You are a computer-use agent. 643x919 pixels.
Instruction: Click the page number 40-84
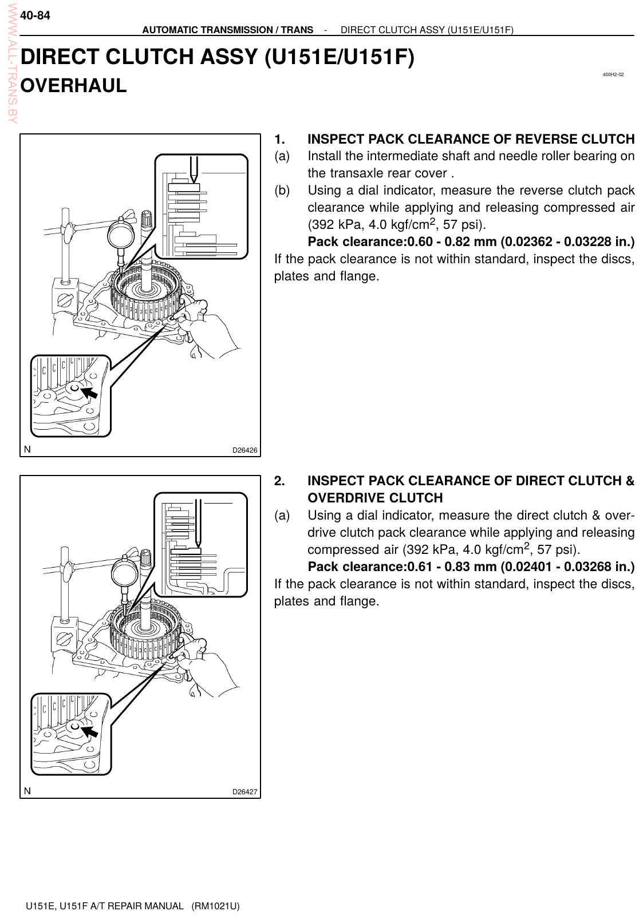click(x=35, y=15)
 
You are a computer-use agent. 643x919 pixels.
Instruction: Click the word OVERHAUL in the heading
click(x=73, y=86)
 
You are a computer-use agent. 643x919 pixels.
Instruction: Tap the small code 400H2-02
click(x=613, y=74)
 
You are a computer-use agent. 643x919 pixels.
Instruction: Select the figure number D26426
click(x=244, y=450)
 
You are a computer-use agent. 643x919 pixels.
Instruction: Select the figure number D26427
click(x=244, y=792)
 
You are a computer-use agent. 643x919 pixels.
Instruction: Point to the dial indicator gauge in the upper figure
click(x=121, y=235)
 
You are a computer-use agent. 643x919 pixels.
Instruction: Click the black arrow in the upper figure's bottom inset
click(x=89, y=392)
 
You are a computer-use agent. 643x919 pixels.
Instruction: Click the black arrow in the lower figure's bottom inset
click(x=89, y=731)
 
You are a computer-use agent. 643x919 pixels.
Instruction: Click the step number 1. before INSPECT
click(x=279, y=140)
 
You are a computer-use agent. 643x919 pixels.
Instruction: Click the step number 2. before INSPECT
click(x=279, y=481)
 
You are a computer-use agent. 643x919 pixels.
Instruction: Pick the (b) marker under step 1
click(x=282, y=191)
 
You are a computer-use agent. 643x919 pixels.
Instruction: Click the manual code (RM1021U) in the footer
click(x=215, y=906)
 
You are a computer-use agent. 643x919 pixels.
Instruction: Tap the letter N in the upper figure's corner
click(x=27, y=450)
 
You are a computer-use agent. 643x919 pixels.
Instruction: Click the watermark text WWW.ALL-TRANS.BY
click(x=13, y=64)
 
